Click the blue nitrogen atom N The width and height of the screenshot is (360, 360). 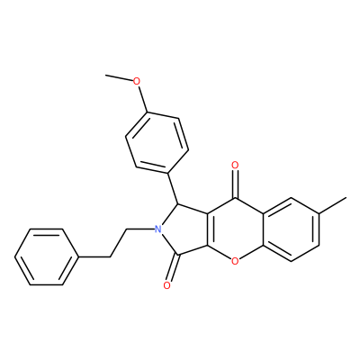(158, 229)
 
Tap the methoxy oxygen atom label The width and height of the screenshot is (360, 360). (137, 81)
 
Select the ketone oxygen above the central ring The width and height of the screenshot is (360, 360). (235, 165)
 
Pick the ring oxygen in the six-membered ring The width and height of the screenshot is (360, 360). (235, 262)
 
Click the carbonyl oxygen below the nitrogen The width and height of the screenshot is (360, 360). (167, 285)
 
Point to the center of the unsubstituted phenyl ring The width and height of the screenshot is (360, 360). (47, 257)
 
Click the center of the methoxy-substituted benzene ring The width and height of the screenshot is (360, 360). (157, 143)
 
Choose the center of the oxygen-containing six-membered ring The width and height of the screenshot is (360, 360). (235, 230)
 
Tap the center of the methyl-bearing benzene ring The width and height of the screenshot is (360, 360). (292, 229)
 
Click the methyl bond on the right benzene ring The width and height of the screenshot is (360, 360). (333, 205)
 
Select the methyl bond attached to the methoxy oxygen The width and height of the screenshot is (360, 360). (119, 77)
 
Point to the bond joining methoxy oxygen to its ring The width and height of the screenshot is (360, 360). (142, 99)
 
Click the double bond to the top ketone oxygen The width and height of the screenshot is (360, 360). (235, 184)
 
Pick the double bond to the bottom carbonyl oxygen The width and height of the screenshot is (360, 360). (173, 268)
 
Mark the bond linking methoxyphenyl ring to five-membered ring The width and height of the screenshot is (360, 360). (173, 188)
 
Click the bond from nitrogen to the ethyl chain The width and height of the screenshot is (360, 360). (140, 229)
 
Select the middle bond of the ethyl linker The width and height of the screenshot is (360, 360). (118, 243)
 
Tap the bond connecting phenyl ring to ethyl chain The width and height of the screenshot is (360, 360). (94, 257)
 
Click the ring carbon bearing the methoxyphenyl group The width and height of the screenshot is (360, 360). (178, 204)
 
